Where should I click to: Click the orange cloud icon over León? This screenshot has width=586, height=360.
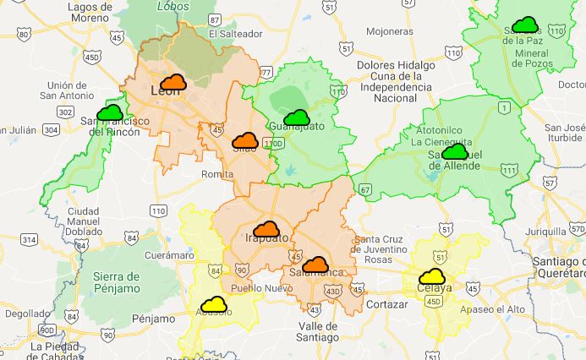tap(173, 82)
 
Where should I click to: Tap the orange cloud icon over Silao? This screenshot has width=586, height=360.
tap(244, 140)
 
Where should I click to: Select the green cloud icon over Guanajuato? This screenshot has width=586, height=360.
tap(297, 117)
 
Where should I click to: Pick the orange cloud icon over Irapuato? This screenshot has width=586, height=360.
tap(266, 228)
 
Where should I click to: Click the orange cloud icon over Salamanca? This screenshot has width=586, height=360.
tap(315, 265)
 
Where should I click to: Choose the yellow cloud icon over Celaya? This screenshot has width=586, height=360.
tap(432, 276)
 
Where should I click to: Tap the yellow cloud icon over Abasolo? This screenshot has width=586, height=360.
tap(213, 304)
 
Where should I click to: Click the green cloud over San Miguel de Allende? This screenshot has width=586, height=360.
tap(455, 152)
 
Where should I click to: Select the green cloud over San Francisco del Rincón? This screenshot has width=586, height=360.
tap(110, 112)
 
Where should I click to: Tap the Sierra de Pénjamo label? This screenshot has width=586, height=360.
tap(129, 283)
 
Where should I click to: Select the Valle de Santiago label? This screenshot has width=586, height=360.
tap(319, 331)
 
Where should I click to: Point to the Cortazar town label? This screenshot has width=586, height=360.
tap(388, 304)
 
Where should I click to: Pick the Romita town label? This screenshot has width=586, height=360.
tap(217, 174)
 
